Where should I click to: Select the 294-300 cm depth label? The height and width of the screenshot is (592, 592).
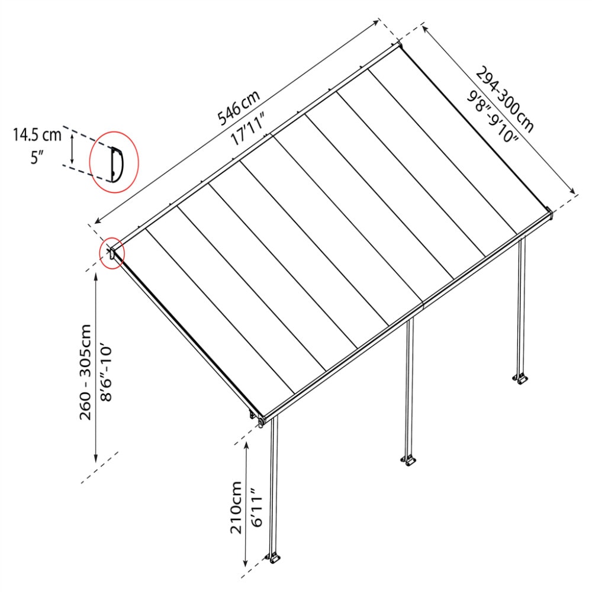504,98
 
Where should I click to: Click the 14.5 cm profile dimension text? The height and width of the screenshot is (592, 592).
37,135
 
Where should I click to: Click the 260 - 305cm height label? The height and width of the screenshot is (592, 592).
86,371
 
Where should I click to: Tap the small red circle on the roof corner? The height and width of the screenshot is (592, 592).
112,253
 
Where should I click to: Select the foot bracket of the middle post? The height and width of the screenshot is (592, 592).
408,460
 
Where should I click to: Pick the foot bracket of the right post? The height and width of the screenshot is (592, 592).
520,378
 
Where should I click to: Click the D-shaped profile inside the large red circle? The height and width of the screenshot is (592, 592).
115,163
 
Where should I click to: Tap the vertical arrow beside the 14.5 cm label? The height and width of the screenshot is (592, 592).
72,149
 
